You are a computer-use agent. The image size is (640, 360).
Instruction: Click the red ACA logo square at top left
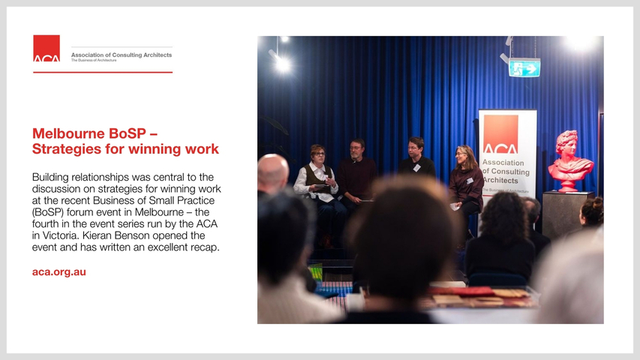(x=47, y=48)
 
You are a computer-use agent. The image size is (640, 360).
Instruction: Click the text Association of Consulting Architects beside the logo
(x=122, y=55)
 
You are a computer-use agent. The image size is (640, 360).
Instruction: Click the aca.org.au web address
(x=59, y=271)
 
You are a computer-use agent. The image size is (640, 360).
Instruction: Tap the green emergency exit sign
(x=524, y=67)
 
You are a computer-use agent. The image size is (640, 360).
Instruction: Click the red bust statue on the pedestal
(x=569, y=160)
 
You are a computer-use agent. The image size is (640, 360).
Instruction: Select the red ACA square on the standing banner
(x=500, y=134)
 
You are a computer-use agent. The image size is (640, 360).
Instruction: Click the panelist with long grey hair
(x=466, y=179)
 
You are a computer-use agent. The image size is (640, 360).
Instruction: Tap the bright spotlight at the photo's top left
(x=281, y=64)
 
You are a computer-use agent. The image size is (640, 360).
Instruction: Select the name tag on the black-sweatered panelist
(x=416, y=167)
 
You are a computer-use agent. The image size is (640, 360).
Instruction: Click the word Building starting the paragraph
(x=50, y=177)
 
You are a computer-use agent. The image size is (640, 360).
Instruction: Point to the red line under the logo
(x=103, y=72)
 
